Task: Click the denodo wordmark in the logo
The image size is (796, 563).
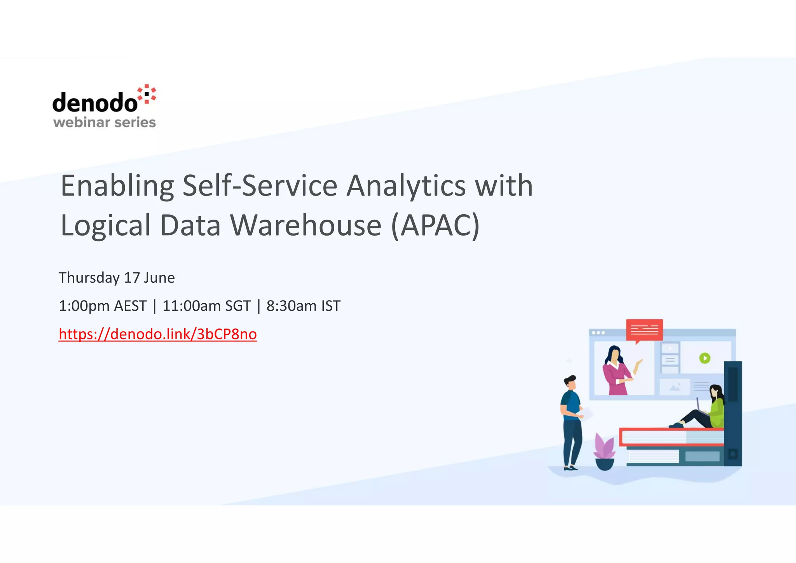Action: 95,103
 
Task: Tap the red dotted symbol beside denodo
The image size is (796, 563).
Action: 147,94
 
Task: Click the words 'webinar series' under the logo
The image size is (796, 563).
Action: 104,122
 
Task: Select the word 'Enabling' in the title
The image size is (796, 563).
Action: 117,186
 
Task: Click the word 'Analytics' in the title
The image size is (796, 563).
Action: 406,186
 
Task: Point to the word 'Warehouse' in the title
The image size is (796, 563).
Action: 306,226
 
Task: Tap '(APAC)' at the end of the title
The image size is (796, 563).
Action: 436,226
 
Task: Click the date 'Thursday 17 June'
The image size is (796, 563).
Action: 117,278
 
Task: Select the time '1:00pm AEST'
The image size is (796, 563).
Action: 103,306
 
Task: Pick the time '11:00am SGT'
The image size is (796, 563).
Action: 206,306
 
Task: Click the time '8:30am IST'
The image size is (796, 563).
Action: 303,306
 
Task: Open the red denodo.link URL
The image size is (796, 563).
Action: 157,334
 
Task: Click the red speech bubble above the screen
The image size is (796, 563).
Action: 644,330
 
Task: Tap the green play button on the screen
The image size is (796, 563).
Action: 705,358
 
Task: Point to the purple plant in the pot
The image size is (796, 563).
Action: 604,451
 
